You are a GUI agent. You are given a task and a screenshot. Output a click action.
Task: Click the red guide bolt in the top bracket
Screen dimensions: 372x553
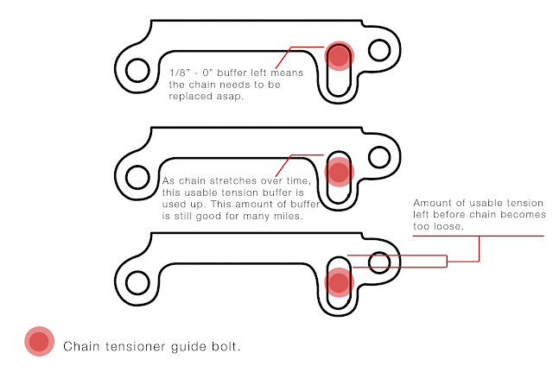(x=339, y=56)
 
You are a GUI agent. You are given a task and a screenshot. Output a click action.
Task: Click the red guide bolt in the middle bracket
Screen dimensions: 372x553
(x=339, y=172)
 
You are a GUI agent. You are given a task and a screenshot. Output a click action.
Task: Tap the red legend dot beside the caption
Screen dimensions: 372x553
(x=39, y=343)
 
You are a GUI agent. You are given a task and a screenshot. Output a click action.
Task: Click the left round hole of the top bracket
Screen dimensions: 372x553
(x=137, y=67)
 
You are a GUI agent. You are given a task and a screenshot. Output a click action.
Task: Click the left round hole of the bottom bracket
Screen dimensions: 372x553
(x=137, y=281)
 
